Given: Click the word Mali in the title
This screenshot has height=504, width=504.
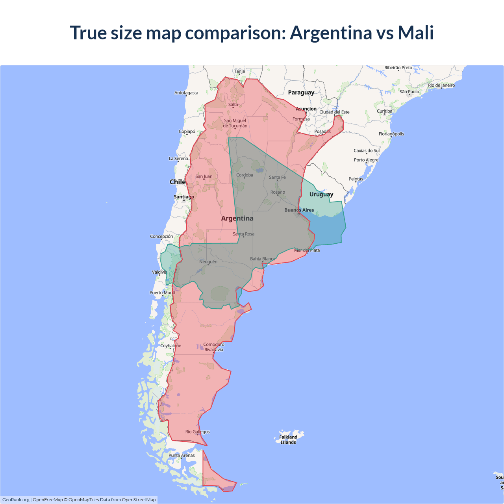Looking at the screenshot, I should coord(415,33).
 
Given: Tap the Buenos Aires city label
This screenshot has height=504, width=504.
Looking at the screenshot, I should coord(299,210).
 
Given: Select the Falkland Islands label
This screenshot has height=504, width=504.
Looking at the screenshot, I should coord(288,439).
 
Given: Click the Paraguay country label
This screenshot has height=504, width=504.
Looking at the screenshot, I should coord(301,93).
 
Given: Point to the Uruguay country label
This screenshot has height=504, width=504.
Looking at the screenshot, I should coord(321,194).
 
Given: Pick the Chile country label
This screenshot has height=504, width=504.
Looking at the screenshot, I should coord(178,182).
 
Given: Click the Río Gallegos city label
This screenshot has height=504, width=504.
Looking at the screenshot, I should coord(198,432).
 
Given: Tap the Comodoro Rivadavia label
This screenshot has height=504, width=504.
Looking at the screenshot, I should coord(214,347).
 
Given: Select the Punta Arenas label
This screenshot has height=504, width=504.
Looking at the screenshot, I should coord(182,456).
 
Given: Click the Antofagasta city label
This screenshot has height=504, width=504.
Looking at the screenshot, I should coord(186,93).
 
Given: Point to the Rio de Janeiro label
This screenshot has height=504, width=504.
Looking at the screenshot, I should coord(441,85).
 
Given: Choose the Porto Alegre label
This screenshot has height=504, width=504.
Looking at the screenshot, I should coord(366,160).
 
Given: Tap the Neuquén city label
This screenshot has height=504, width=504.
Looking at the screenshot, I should coord(208,262).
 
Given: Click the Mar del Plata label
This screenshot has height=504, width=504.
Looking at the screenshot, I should coord(307,250).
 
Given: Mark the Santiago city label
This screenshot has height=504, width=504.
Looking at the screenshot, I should coord(184,197).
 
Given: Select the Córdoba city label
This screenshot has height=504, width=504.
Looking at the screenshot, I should coord(245,175).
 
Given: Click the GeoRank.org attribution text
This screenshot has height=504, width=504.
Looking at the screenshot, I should coord(16,500).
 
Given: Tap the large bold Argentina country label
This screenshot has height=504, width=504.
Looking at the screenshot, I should coord(237,219).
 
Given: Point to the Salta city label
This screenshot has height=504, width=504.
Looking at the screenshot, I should coord(233,105).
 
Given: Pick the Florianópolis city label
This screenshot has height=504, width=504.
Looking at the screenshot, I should coord(391,134).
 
